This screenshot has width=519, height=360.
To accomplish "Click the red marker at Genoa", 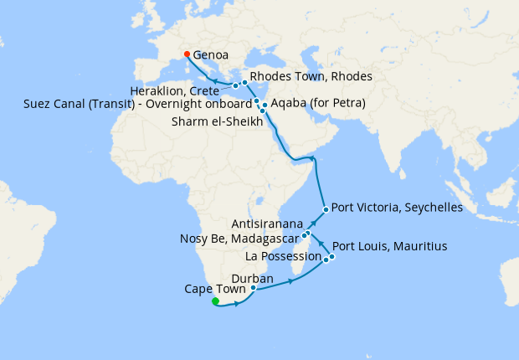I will [x=187, y=54].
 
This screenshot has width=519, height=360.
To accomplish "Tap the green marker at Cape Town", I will [x=215, y=301].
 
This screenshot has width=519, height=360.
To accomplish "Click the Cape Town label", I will [x=215, y=290].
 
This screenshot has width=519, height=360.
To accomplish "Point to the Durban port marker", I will [x=253, y=288].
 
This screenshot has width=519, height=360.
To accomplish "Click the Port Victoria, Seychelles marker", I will [x=326, y=208].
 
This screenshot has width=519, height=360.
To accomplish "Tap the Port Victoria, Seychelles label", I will [x=397, y=208].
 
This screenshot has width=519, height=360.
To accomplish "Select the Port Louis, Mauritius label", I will [x=389, y=247].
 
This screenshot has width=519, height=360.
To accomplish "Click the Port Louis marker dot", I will [x=331, y=256].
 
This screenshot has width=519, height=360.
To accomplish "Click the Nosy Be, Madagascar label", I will [x=239, y=239].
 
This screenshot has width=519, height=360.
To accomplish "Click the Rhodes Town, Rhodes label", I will [x=311, y=77].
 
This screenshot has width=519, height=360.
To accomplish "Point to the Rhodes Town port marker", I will [x=244, y=82].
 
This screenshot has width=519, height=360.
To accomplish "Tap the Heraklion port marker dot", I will [x=235, y=85].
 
